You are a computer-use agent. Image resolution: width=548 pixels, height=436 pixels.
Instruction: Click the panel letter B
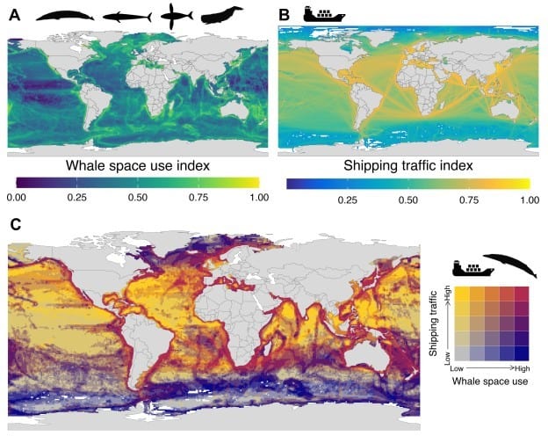tap(284, 15)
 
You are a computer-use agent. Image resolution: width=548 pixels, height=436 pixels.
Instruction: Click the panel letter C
tap(14, 225)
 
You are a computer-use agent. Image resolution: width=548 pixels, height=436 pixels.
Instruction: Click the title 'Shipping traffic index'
tap(408, 166)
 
